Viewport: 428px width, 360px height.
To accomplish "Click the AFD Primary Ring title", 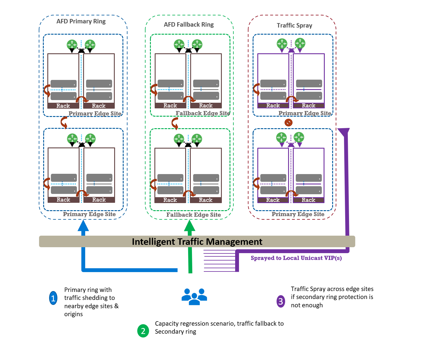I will coord(81,21).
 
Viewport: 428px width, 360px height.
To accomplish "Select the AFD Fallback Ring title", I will coord(189,25).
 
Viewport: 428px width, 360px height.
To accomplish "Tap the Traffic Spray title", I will coord(294,25).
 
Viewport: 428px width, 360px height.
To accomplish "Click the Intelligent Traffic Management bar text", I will coord(197,242).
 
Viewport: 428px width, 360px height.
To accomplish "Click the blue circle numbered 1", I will coord(53,298).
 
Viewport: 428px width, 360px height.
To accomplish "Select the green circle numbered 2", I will coord(143,331).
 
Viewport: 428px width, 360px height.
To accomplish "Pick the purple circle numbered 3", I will coord(281,301).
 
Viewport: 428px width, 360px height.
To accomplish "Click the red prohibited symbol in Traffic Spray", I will coord(288,122).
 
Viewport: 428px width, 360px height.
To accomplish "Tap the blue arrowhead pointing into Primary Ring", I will coord(83,226).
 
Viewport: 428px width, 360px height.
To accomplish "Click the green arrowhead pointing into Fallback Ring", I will coord(190,226).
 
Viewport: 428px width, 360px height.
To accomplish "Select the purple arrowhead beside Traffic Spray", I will coord(344,132).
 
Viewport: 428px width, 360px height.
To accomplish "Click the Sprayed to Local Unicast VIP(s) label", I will coord(296,258).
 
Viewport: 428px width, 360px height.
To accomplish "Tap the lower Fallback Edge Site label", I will coord(193,215).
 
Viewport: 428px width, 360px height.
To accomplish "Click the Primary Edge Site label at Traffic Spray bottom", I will coord(298,214).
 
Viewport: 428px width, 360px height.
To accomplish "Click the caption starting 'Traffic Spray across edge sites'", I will coord(332,297).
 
